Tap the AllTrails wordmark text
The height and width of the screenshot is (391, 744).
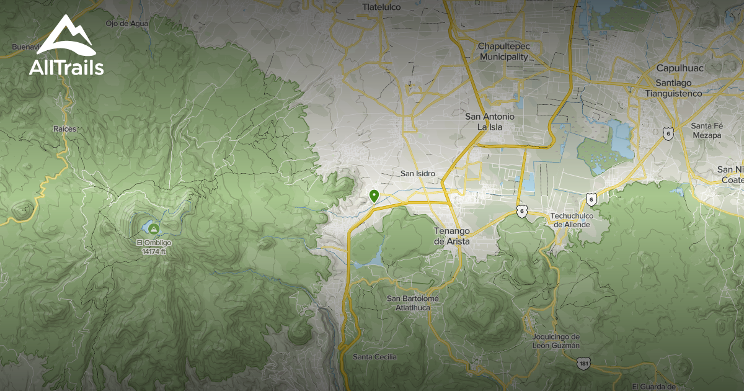click(x=66, y=67)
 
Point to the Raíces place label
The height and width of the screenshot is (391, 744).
click(x=64, y=128)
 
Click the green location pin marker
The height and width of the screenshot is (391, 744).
click(x=374, y=196)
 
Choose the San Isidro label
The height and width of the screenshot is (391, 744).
click(x=418, y=174)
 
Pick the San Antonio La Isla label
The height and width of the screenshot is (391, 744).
click(x=490, y=122)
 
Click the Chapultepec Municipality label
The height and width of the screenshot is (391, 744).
click(x=503, y=52)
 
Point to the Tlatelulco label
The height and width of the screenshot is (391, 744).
click(x=382, y=7)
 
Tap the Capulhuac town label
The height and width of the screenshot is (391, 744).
click(x=680, y=68)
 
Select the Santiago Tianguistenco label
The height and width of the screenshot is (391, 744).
click(x=673, y=88)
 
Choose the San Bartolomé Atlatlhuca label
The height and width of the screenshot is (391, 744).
click(x=412, y=302)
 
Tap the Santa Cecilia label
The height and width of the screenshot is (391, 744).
click(x=374, y=357)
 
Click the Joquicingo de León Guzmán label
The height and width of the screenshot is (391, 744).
click(x=556, y=341)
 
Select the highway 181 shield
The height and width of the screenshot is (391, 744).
click(x=583, y=363)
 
